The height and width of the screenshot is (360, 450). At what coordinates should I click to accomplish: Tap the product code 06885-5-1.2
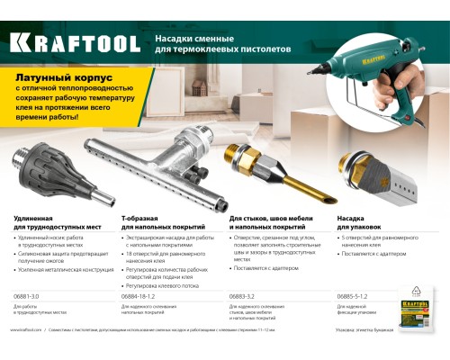[355, 296]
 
